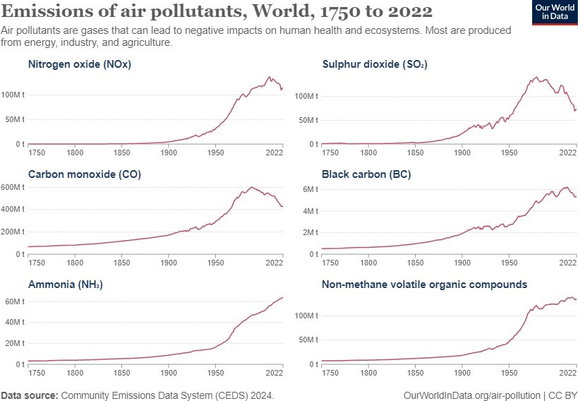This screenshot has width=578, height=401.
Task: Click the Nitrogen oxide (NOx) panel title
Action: click(x=80, y=65)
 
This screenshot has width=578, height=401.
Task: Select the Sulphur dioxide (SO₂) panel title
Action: click(x=374, y=65)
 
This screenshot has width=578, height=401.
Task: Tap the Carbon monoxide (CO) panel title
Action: click(x=84, y=174)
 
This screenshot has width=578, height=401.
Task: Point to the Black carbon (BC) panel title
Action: click(x=366, y=174)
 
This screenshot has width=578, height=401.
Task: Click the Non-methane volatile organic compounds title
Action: click(x=424, y=285)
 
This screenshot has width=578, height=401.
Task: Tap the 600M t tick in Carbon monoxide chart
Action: click(x=13, y=188)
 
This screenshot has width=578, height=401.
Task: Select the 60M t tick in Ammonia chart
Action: click(x=15, y=301)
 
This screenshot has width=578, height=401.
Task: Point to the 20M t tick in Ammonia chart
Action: click(x=15, y=343)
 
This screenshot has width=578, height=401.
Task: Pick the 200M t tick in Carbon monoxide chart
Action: click(x=13, y=232)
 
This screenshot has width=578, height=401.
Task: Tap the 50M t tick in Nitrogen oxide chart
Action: click(x=15, y=120)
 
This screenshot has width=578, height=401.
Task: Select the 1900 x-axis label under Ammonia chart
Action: click(x=168, y=372)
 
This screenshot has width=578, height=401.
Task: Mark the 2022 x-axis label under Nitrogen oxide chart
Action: click(x=274, y=152)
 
